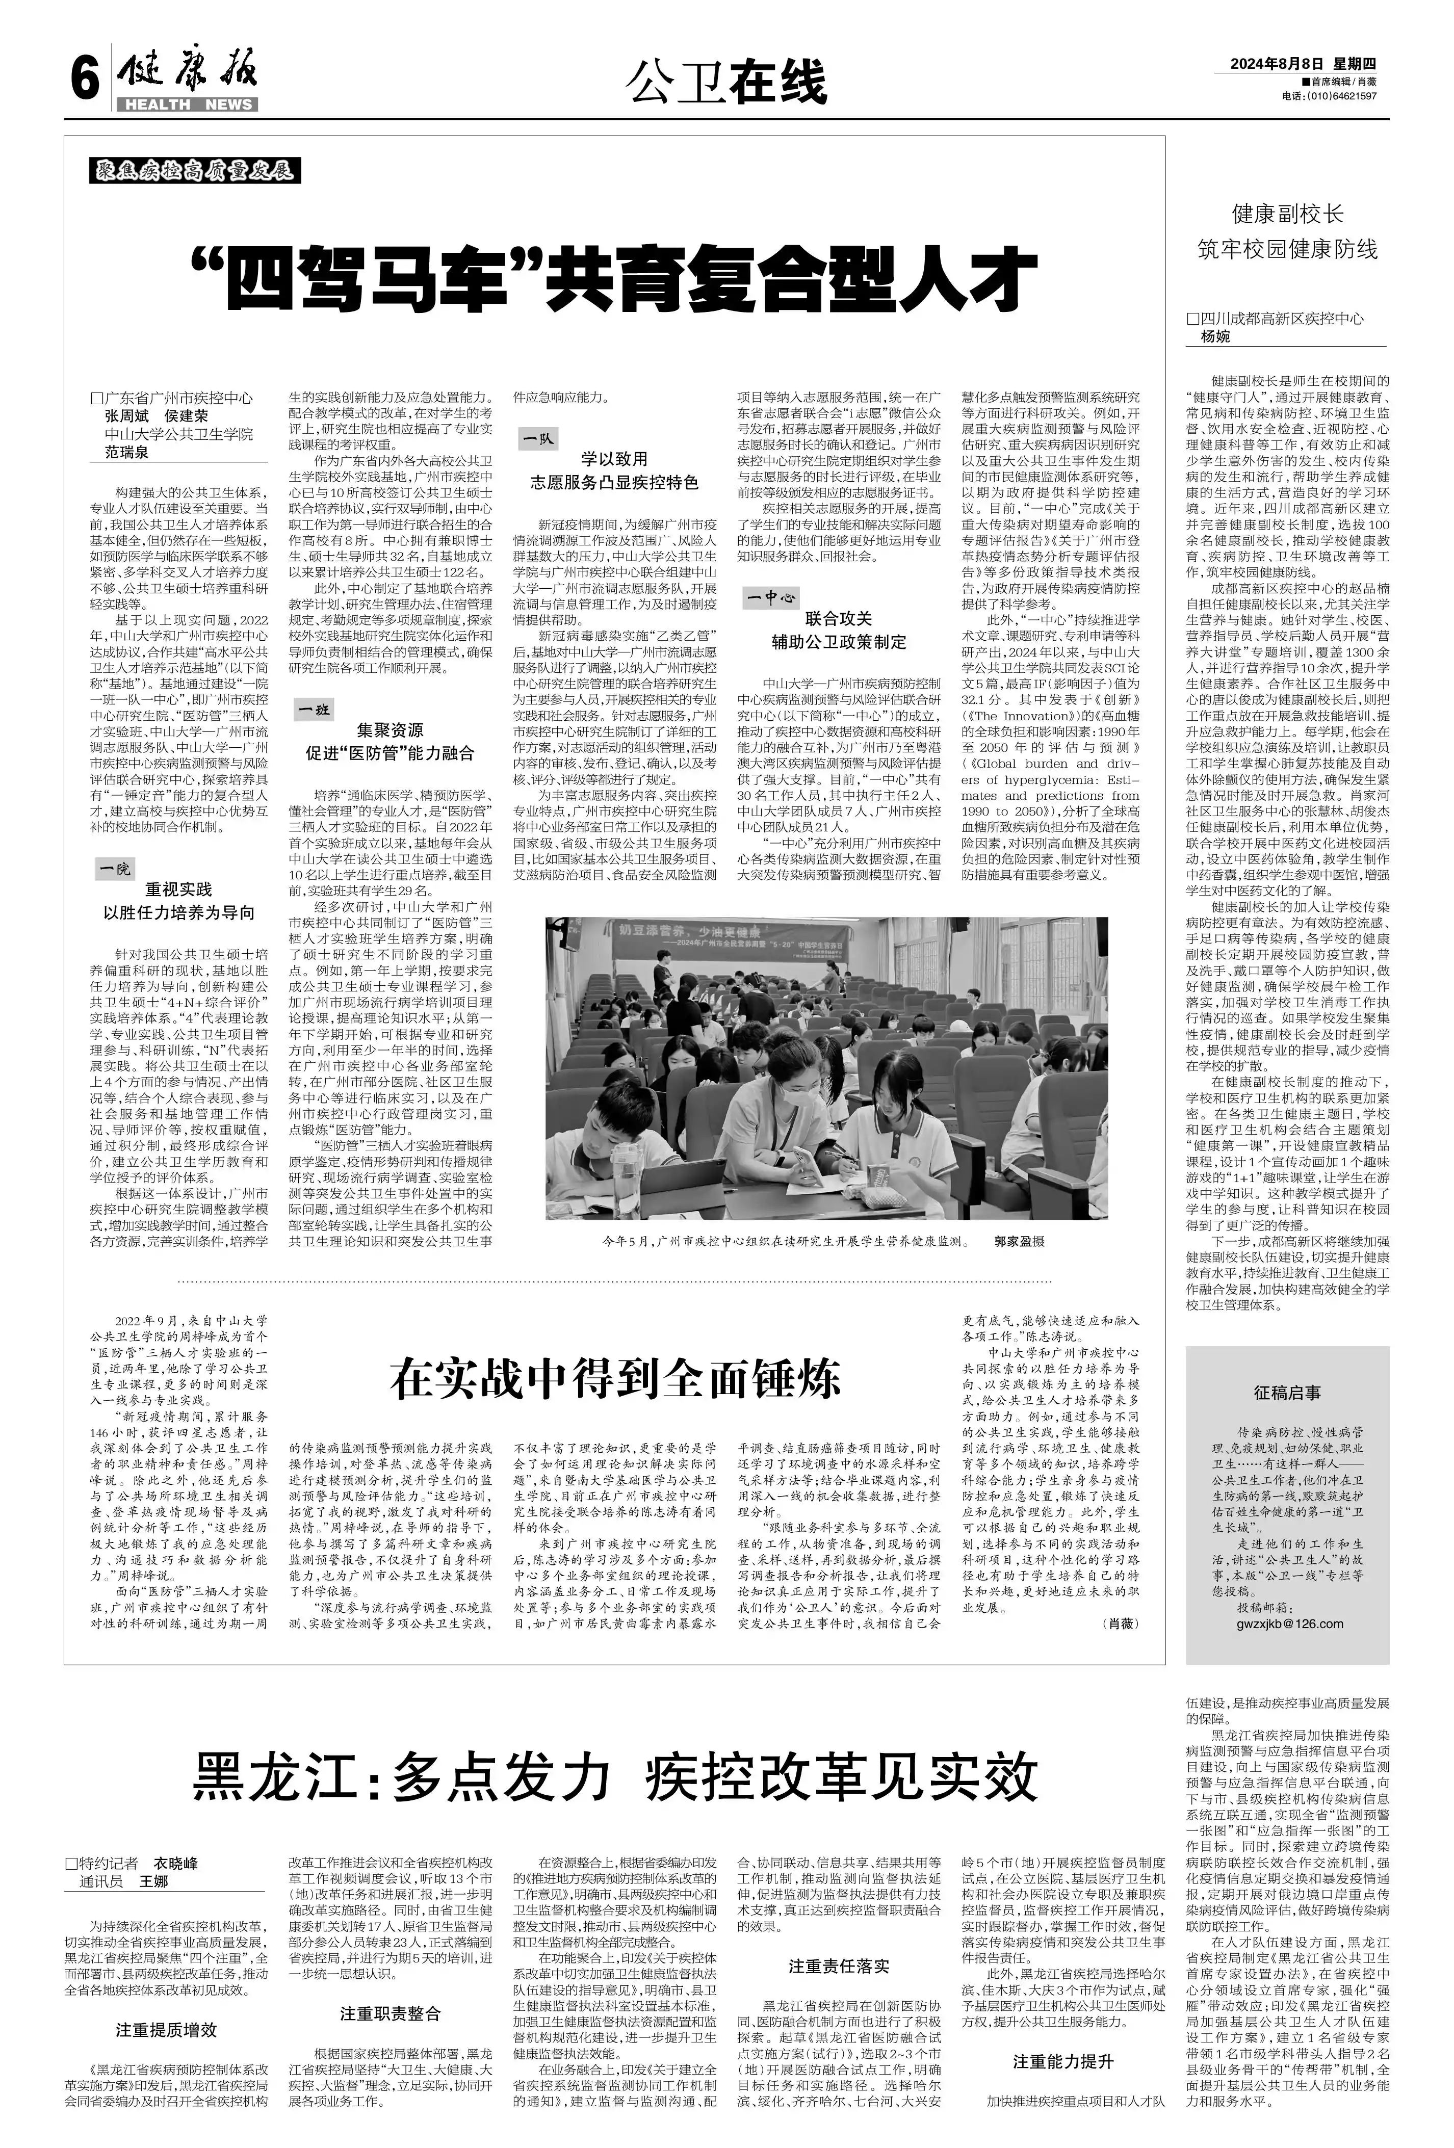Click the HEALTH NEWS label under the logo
[x=188, y=104]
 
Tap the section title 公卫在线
[x=725, y=82]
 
